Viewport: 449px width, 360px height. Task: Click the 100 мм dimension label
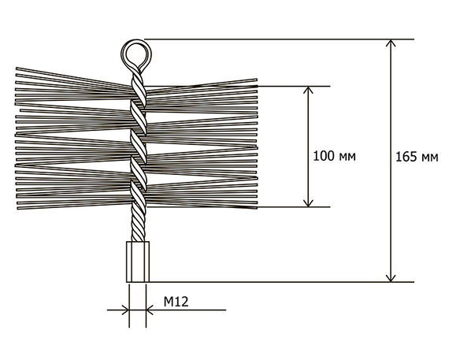tap(334, 157)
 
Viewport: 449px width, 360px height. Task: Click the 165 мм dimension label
tap(417, 158)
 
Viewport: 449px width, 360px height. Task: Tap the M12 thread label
tap(176, 302)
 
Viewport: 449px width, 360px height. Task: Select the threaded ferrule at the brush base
tap(138, 262)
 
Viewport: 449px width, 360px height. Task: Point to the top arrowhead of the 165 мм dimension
tap(391, 43)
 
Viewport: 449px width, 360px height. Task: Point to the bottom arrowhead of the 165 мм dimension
tap(391, 278)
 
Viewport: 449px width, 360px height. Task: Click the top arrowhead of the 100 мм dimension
tap(308, 90)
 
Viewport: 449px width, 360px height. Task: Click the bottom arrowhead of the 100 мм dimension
tap(308, 203)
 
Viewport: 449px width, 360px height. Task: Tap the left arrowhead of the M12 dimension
tap(126, 310)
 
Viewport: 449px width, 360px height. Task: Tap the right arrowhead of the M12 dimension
tap(150, 310)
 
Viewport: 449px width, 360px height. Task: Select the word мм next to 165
tap(429, 158)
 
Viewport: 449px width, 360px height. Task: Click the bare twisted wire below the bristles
tap(138, 225)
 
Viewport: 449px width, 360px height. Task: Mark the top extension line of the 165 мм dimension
tap(279, 39)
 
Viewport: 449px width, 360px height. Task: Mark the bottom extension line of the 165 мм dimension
tap(281, 282)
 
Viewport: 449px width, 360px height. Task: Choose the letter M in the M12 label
tap(169, 302)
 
